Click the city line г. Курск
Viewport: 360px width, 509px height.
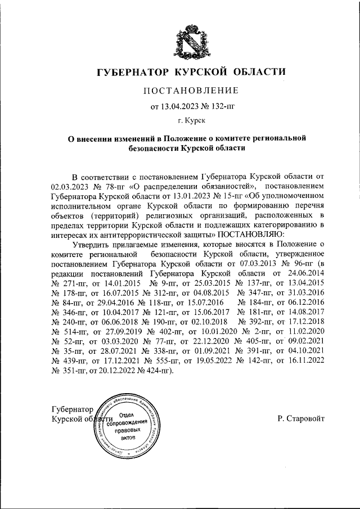191,120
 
